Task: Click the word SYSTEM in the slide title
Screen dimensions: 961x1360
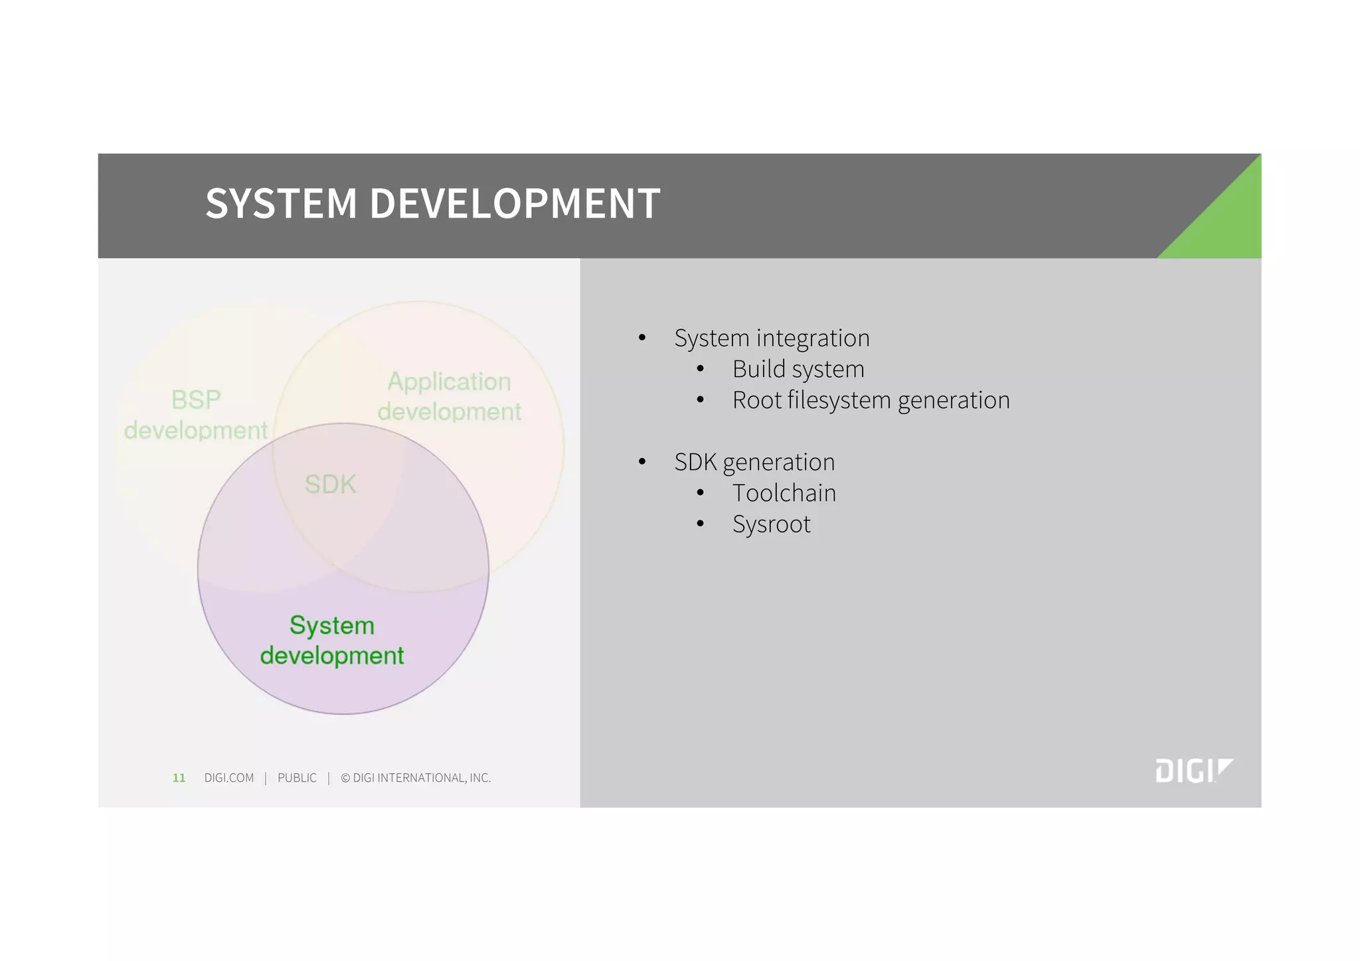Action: click(x=282, y=203)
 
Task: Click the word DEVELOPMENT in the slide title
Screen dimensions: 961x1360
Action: click(x=515, y=203)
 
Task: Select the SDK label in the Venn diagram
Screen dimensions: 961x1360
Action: click(x=330, y=484)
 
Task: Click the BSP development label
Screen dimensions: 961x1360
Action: click(x=196, y=415)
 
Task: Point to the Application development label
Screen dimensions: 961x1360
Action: click(x=450, y=396)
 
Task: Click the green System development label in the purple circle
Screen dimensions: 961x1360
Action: click(x=332, y=640)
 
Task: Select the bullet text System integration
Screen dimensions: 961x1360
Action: click(x=772, y=338)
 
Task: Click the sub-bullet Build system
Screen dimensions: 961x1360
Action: click(x=798, y=370)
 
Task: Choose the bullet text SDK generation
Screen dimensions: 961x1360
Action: click(x=754, y=462)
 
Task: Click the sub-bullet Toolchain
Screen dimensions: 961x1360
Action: click(x=784, y=493)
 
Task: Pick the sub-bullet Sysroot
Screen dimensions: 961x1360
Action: click(x=771, y=524)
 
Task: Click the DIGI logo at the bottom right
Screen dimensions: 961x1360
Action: click(x=1193, y=771)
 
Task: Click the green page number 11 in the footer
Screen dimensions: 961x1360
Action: click(x=179, y=778)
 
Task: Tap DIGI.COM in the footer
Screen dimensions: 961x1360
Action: click(x=229, y=778)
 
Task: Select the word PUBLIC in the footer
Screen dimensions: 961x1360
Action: click(x=297, y=778)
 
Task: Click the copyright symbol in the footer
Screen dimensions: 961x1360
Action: click(x=345, y=778)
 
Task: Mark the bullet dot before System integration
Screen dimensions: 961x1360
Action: click(x=642, y=338)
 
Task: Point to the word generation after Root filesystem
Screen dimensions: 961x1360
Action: click(x=954, y=400)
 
